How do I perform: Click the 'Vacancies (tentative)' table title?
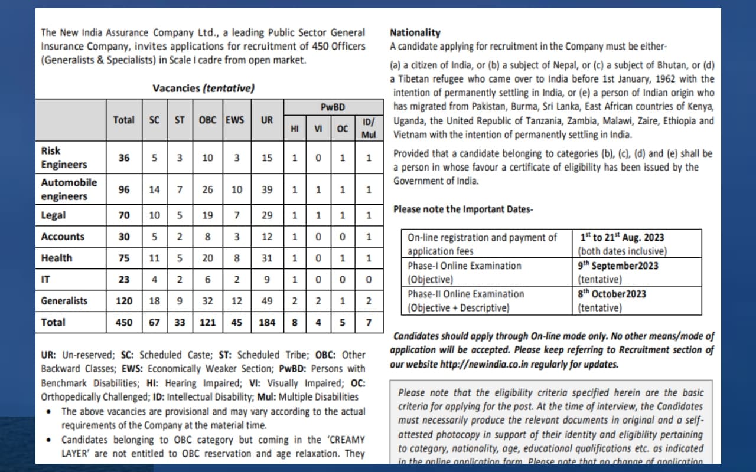[203, 88]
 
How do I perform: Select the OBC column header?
[207, 120]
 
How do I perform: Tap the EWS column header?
[234, 120]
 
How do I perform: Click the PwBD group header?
[333, 107]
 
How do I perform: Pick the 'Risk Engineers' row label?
[64, 158]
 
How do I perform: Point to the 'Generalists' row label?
[64, 301]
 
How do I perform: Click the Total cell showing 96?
[124, 190]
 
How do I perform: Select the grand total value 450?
[124, 323]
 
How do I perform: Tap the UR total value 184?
[267, 323]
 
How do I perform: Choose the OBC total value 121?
[207, 323]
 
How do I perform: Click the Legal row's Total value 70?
[124, 215]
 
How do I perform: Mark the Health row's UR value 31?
[267, 258]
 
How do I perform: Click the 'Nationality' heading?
[415, 33]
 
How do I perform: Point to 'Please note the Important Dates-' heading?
[463, 209]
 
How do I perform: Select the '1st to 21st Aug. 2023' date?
[622, 237]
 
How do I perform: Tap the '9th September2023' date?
[618, 265]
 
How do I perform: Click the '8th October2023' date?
[612, 294]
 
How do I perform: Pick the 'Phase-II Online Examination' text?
[465, 294]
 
